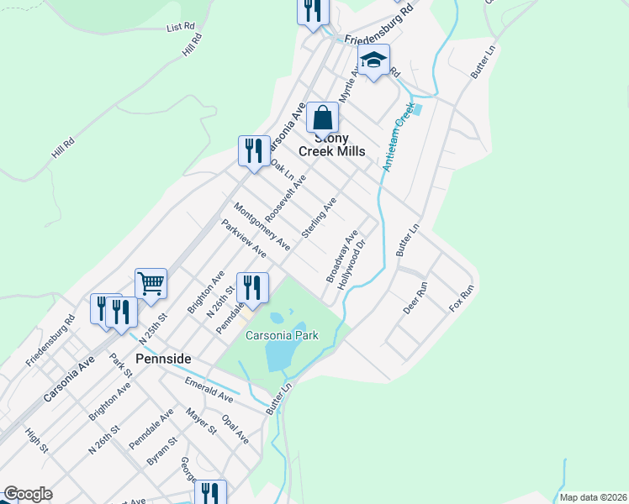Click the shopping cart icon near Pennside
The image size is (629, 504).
[x=151, y=284]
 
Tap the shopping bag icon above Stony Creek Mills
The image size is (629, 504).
[x=322, y=118]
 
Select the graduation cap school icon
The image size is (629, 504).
[x=373, y=60]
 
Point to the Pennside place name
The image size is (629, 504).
[x=164, y=359]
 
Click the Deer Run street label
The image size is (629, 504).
[x=415, y=297]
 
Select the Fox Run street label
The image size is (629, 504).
[x=462, y=299]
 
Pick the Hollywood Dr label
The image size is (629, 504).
[x=353, y=265]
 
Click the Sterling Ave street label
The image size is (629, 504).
[x=319, y=218]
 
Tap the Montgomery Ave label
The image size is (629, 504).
[x=262, y=227]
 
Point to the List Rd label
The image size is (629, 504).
[x=181, y=27]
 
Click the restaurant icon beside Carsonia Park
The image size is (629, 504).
[x=252, y=288]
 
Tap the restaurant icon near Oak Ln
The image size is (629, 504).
[x=254, y=151]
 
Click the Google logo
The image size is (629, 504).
[x=28, y=494]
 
